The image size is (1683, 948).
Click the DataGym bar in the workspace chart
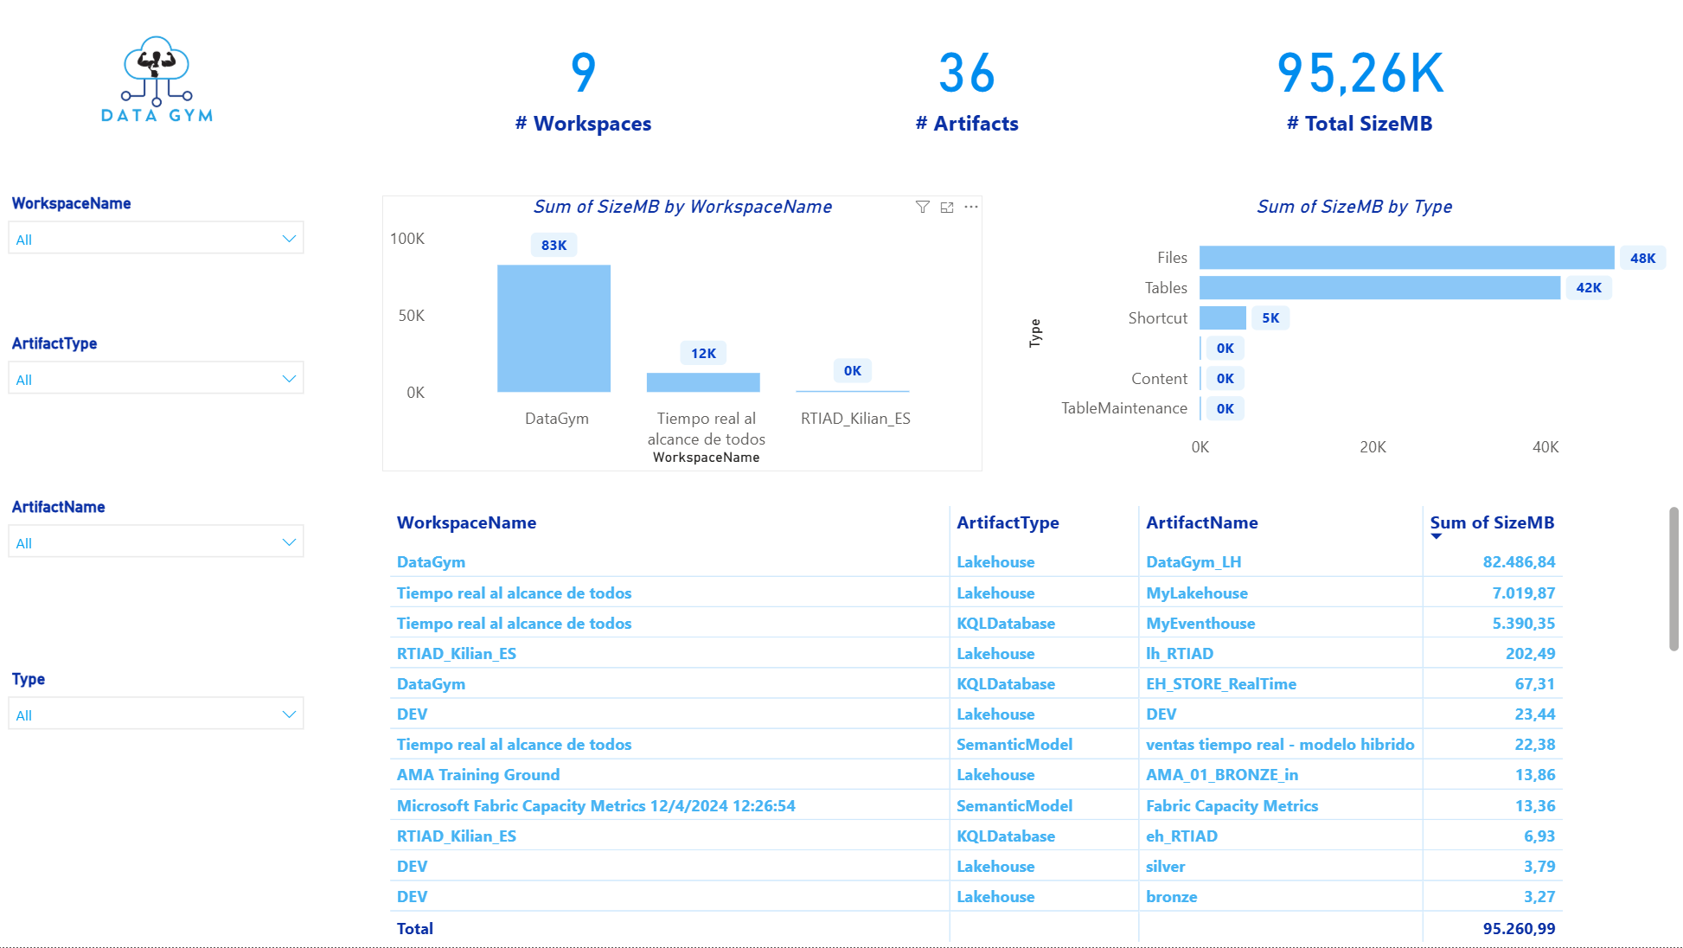click(554, 329)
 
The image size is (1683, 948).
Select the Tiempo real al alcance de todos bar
click(703, 382)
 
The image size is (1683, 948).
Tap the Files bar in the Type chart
click(1406, 258)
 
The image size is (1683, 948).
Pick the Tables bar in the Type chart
click(1379, 288)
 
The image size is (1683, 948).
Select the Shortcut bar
click(1223, 318)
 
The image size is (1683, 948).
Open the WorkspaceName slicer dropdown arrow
click(289, 239)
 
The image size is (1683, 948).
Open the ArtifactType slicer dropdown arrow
click(289, 379)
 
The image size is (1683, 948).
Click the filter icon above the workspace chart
click(923, 207)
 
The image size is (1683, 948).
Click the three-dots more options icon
click(971, 207)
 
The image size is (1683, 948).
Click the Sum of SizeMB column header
click(1492, 522)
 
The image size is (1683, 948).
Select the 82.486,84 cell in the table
click(1519, 562)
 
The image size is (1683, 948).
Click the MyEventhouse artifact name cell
click(1200, 624)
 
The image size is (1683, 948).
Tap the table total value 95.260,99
click(1519, 929)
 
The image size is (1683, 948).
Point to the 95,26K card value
click(1360, 73)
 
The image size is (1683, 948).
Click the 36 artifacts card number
click(967, 73)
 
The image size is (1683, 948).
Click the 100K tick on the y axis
click(407, 239)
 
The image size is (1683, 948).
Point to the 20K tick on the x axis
click(1373, 447)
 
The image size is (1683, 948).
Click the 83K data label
click(554, 246)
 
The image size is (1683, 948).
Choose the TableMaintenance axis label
click(1124, 408)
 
